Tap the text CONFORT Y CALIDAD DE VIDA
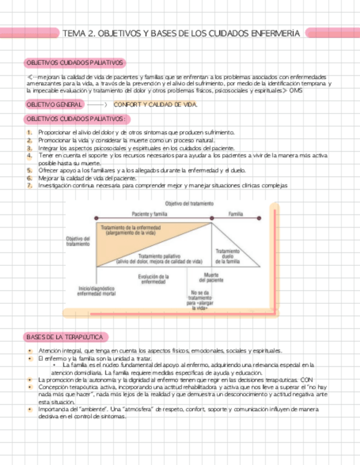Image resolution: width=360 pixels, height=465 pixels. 155,104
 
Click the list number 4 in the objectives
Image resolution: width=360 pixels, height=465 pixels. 29,156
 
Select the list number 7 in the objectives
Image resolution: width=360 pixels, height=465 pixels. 29,185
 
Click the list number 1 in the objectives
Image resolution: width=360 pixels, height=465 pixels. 29,132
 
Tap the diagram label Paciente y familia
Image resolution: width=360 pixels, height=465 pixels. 149,214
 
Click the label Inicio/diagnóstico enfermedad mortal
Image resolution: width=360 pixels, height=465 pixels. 97,291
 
